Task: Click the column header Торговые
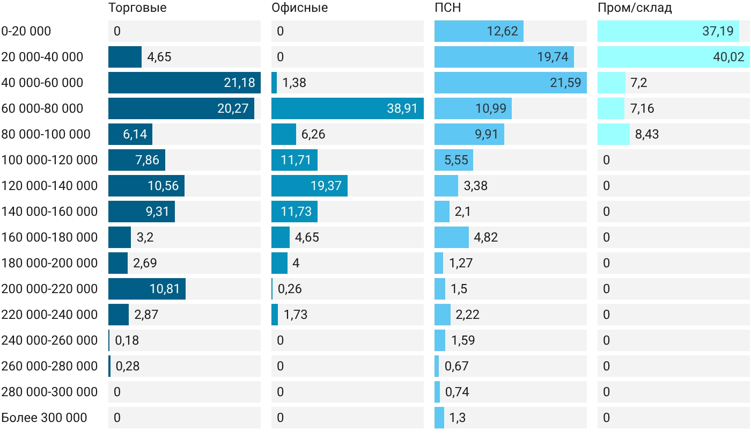click(137, 8)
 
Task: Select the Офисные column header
click(299, 8)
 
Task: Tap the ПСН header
click(447, 8)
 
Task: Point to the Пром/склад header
click(634, 8)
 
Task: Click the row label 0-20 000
click(26, 31)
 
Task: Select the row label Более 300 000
click(44, 418)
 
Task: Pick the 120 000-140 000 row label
click(49, 186)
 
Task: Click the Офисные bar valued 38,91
click(348, 108)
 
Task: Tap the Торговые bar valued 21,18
click(185, 83)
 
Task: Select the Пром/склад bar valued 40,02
click(674, 57)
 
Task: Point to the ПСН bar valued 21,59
click(511, 83)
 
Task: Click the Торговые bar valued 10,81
click(147, 289)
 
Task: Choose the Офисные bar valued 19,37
click(310, 186)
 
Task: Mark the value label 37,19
click(718, 31)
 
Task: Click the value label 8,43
click(647, 134)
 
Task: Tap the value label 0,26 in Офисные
click(290, 289)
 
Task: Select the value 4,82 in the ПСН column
click(486, 237)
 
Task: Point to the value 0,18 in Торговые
click(127, 340)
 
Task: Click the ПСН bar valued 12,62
click(478, 31)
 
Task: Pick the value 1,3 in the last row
click(457, 418)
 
